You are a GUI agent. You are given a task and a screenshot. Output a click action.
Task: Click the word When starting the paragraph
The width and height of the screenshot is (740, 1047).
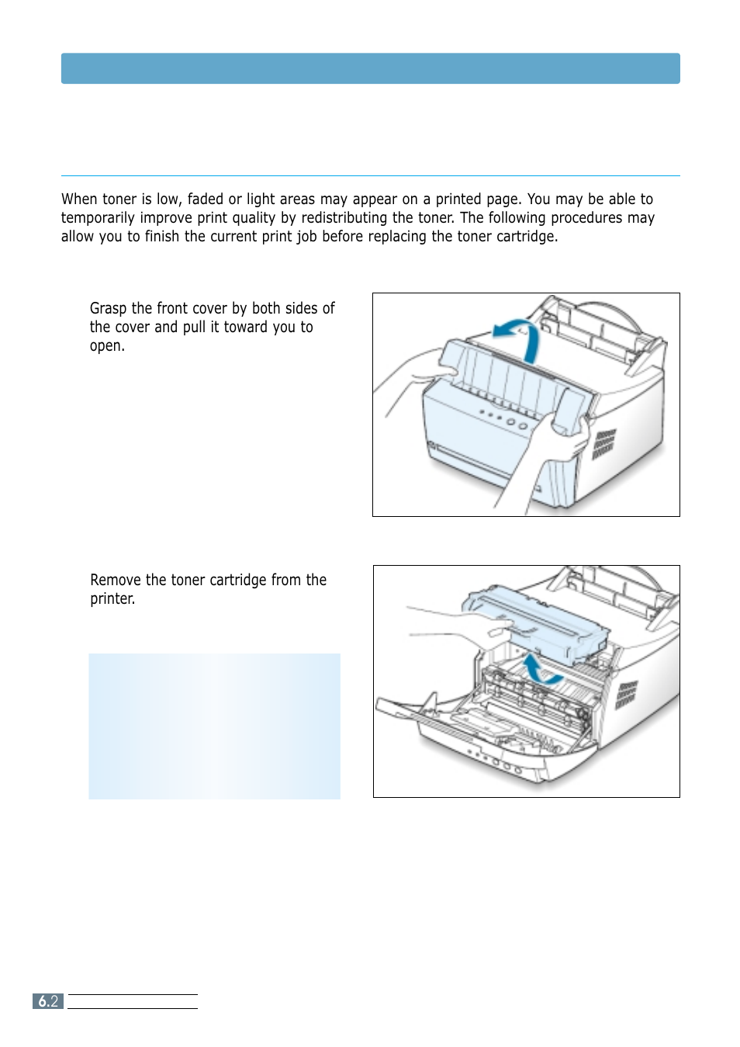coord(80,199)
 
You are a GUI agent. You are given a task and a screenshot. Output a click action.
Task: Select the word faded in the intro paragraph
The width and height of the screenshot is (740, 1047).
coord(205,199)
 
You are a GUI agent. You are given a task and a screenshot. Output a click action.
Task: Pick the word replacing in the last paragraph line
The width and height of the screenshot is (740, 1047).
coord(397,237)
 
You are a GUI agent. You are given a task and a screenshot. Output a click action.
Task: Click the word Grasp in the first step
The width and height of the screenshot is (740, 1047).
coord(109,309)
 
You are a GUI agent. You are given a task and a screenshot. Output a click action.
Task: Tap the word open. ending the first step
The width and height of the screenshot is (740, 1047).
coord(107,346)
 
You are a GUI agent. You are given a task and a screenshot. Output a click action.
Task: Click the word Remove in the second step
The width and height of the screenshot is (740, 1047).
coord(115,581)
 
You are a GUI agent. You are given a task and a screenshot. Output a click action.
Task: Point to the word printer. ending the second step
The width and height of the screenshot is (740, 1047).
coord(112,599)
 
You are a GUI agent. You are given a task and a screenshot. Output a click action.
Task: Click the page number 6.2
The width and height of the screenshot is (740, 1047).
coord(48,1001)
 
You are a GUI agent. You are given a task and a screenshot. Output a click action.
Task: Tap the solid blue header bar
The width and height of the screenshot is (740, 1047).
coord(370,68)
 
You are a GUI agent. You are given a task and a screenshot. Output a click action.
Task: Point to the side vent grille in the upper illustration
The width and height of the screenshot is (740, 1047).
coord(603,444)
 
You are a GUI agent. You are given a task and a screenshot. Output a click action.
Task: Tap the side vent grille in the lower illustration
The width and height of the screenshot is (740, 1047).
coord(626,695)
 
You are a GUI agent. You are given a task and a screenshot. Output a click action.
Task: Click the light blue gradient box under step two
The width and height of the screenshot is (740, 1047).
coord(214,726)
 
